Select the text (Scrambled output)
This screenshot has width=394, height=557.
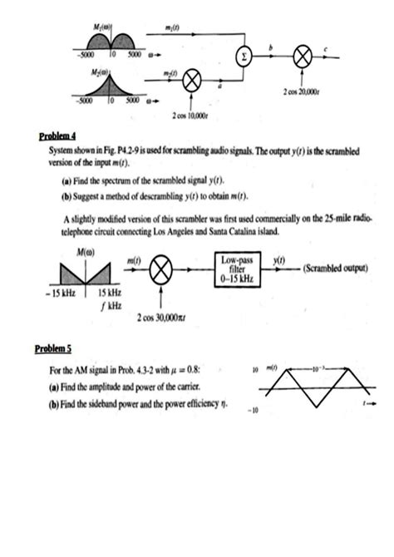337,270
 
